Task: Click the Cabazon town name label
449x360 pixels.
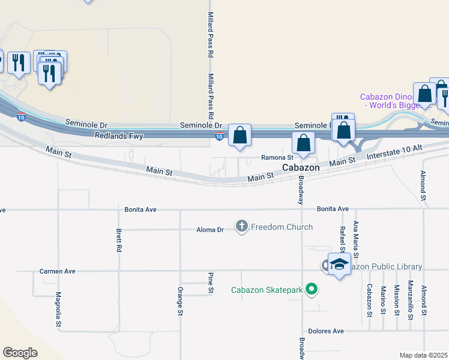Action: coord(301,168)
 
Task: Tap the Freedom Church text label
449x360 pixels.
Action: coord(282,227)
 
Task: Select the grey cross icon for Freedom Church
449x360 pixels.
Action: coord(242,226)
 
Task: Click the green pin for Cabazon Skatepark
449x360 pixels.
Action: coord(311,290)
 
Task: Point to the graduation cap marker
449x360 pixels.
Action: coord(339,264)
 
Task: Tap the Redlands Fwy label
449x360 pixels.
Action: coord(119,136)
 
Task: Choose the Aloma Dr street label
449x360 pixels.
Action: coord(210,230)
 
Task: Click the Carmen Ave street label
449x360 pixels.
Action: coord(58,271)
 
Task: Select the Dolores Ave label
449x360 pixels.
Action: coord(325,331)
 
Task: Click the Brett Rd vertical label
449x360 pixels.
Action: coord(119,239)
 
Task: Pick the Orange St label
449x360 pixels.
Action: coord(180,301)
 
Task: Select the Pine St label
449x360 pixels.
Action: coord(211,283)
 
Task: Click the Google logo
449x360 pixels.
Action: coord(20,353)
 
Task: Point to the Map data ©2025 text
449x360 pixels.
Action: coord(423,355)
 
